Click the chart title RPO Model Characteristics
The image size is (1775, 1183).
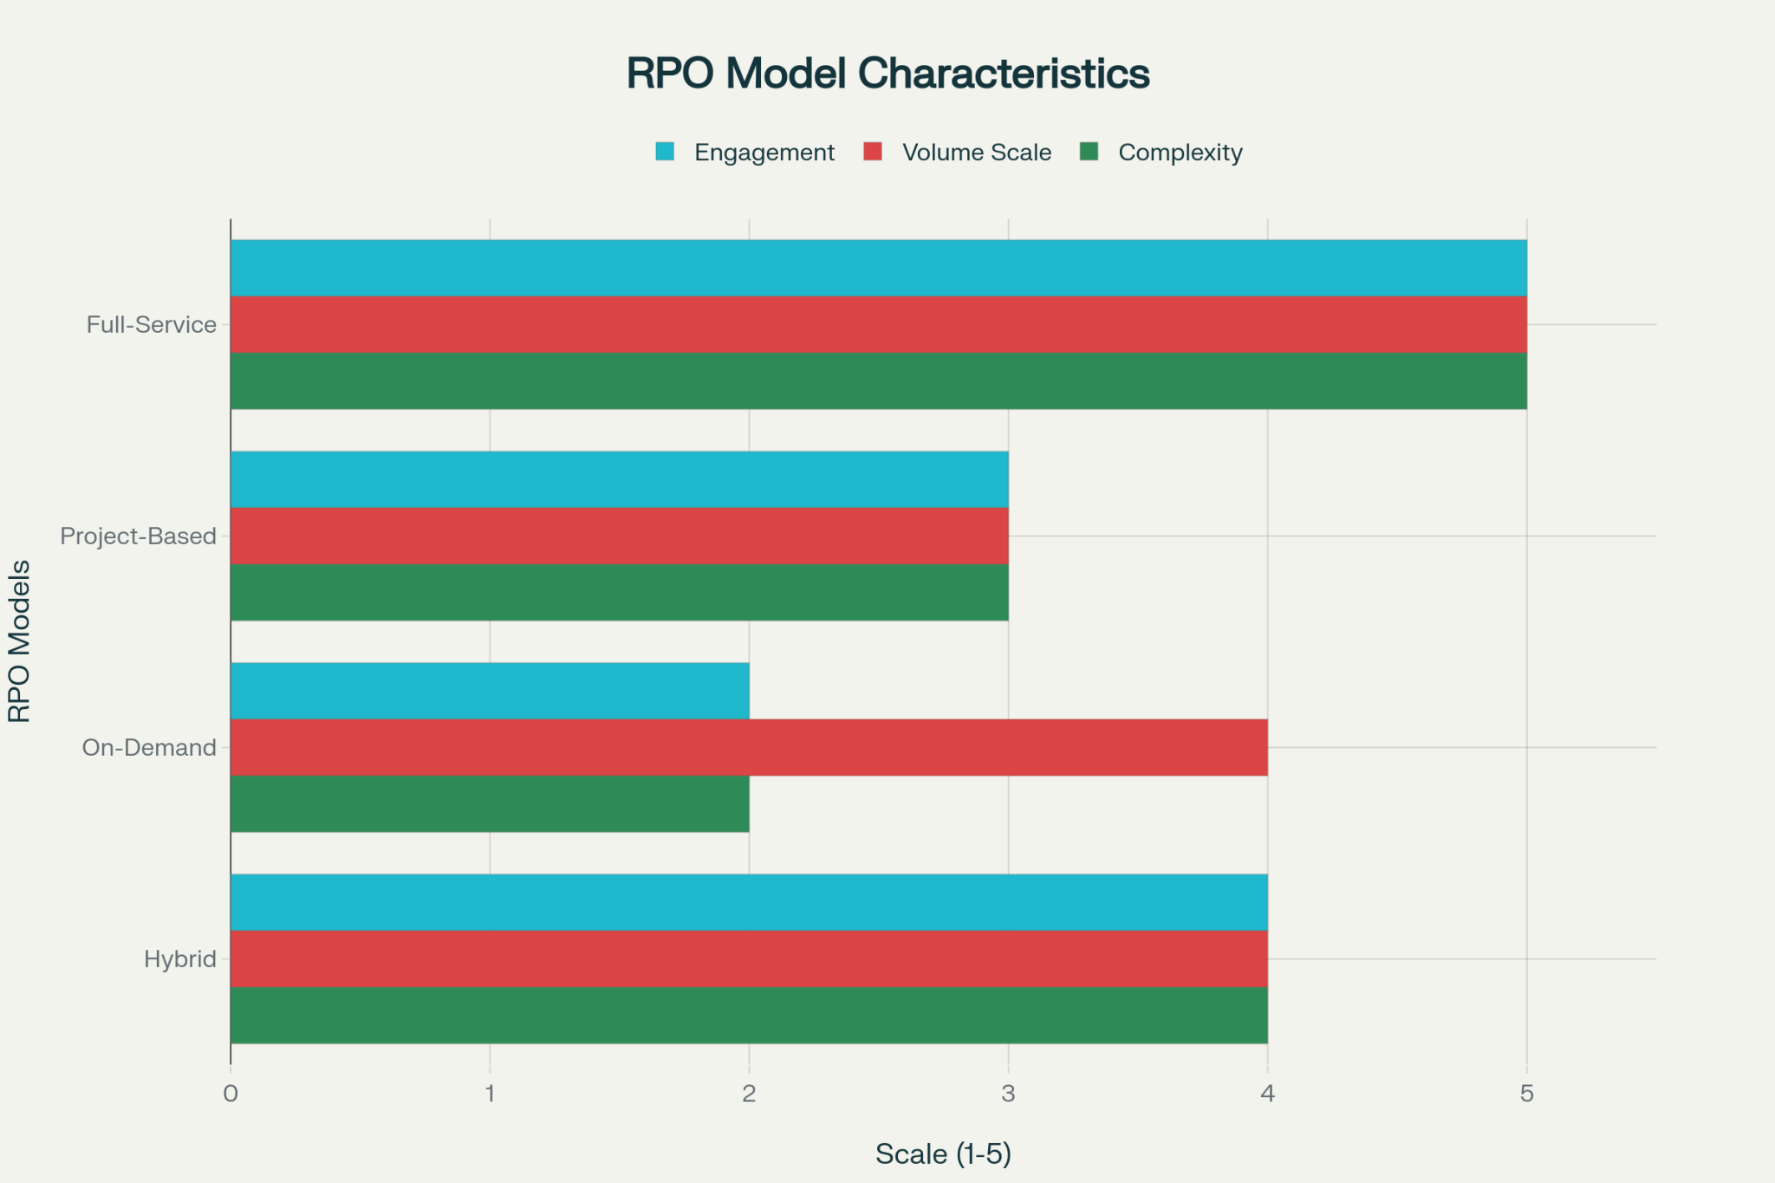(887, 74)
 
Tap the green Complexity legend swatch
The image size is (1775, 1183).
(1089, 152)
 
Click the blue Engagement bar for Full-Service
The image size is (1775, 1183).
(878, 268)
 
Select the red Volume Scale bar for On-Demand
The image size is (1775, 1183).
(749, 747)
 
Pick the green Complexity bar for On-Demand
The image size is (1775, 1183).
(490, 803)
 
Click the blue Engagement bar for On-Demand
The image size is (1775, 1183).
(490, 691)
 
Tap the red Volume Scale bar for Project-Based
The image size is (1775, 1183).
(619, 536)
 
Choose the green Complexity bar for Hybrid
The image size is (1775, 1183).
(749, 1015)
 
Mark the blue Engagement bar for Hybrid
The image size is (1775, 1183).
(749, 902)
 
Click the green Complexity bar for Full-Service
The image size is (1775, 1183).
(878, 380)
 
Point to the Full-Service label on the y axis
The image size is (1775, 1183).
(152, 325)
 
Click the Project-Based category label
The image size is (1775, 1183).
(138, 536)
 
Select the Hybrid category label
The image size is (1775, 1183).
(180, 959)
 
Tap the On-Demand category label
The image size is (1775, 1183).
(149, 748)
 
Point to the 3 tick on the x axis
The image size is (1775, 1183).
(1008, 1094)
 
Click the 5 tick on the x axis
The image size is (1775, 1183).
(1526, 1094)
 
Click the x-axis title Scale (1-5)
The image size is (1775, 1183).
(943, 1154)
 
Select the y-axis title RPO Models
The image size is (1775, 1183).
(19, 641)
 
